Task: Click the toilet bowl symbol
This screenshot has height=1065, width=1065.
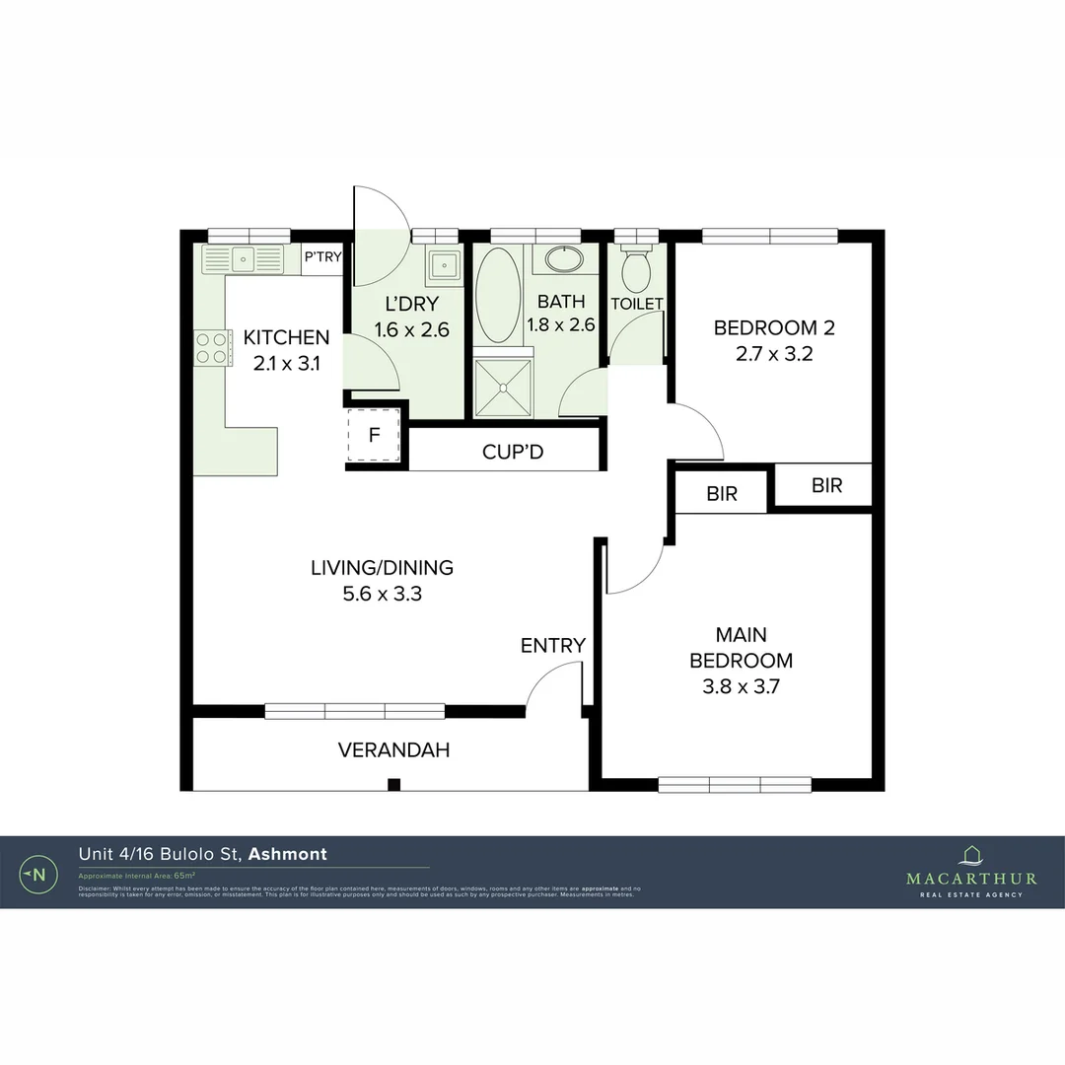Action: point(637,267)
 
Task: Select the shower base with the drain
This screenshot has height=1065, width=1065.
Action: point(503,388)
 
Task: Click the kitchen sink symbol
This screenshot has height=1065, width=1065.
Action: point(243,259)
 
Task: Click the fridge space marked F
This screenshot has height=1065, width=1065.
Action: point(374,435)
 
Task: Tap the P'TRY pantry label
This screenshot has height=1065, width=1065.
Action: point(322,257)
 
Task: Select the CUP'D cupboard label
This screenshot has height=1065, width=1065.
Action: point(513,453)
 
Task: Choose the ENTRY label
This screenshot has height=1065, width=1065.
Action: point(553,646)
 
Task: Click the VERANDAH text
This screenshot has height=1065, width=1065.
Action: point(393,750)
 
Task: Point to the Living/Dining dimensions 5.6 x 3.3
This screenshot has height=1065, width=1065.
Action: point(382,595)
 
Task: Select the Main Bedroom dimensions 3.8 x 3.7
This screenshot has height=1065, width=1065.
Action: point(741,688)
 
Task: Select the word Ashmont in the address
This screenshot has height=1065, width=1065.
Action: point(287,854)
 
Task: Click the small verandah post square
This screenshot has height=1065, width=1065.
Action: point(393,785)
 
